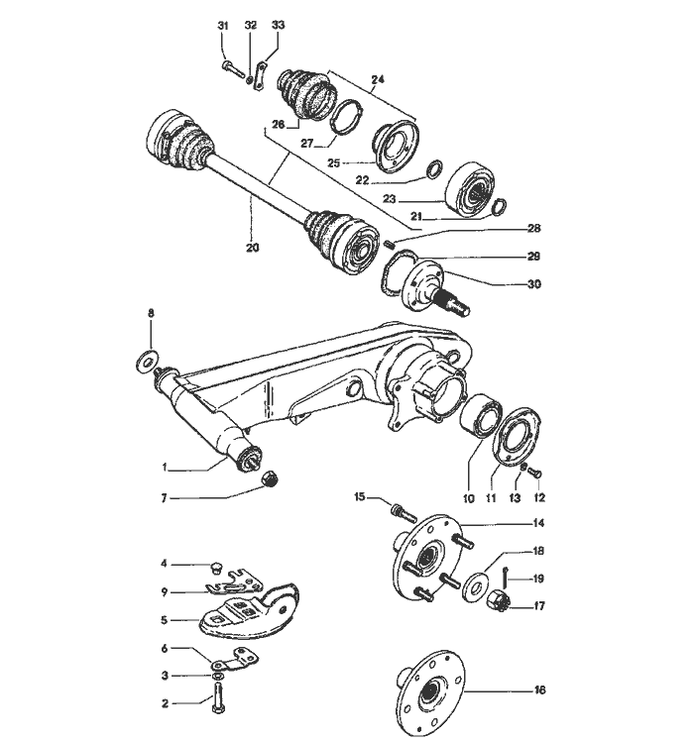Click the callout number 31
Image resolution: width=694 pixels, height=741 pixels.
coord(223,26)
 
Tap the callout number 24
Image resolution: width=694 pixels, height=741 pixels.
coord(378,79)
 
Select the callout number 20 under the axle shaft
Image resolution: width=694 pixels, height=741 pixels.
coord(253,247)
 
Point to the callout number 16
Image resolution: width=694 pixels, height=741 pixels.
coord(539,689)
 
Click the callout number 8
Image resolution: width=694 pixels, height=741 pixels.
coord(151,313)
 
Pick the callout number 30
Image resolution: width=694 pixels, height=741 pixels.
coord(534,284)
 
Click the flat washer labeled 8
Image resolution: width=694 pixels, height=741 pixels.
coord(148,362)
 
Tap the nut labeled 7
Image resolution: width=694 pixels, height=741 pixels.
coord(270,478)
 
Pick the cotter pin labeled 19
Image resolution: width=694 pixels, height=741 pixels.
coord(506,577)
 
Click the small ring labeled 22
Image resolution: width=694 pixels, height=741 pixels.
coord(435,169)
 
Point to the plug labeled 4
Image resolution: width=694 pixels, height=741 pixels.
coord(217,568)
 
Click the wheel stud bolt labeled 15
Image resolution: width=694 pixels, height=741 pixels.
coord(404,512)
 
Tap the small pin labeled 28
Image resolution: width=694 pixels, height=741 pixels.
coord(390,245)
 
